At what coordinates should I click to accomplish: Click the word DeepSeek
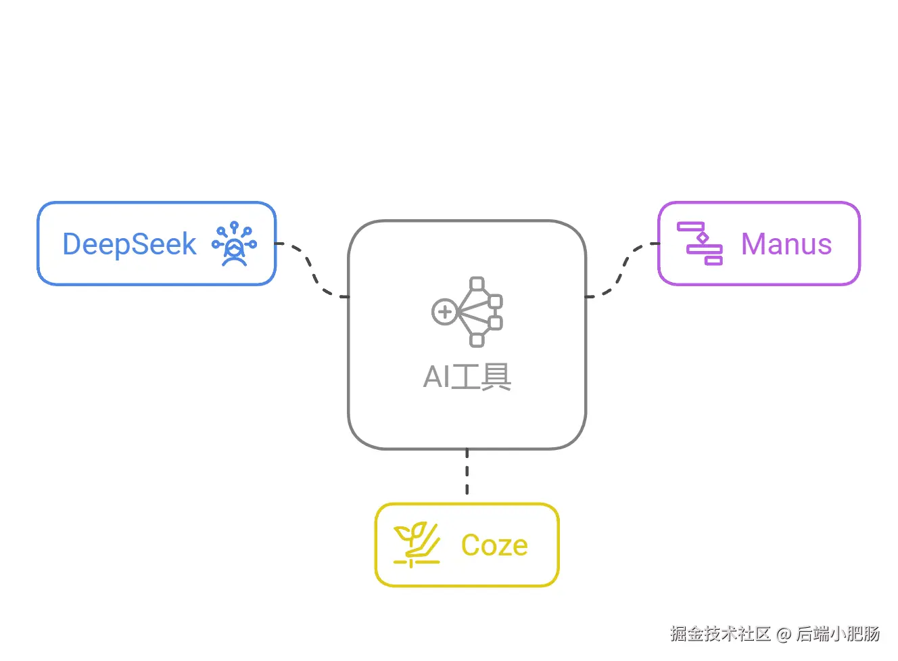pos(129,244)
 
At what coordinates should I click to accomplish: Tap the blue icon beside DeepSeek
pos(234,244)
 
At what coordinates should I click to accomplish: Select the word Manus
pos(786,244)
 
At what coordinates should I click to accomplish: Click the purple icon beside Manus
pos(700,244)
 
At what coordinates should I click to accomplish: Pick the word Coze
pos(494,545)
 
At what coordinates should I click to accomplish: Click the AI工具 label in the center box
pos(467,377)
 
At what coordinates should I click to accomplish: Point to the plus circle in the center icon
pos(444,312)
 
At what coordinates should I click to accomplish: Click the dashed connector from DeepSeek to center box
pos(312,271)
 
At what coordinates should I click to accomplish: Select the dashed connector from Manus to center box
pos(621,271)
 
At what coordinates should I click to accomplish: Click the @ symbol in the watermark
pos(784,635)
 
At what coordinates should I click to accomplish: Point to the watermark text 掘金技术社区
pos(720,634)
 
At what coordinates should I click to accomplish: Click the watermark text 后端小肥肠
pos(838,634)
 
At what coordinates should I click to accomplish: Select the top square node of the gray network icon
pos(477,283)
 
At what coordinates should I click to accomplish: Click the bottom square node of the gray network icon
pos(477,340)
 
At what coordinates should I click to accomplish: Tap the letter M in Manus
pos(754,244)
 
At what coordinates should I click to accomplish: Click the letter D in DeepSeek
pos(72,244)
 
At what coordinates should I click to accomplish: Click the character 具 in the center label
pos(496,377)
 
